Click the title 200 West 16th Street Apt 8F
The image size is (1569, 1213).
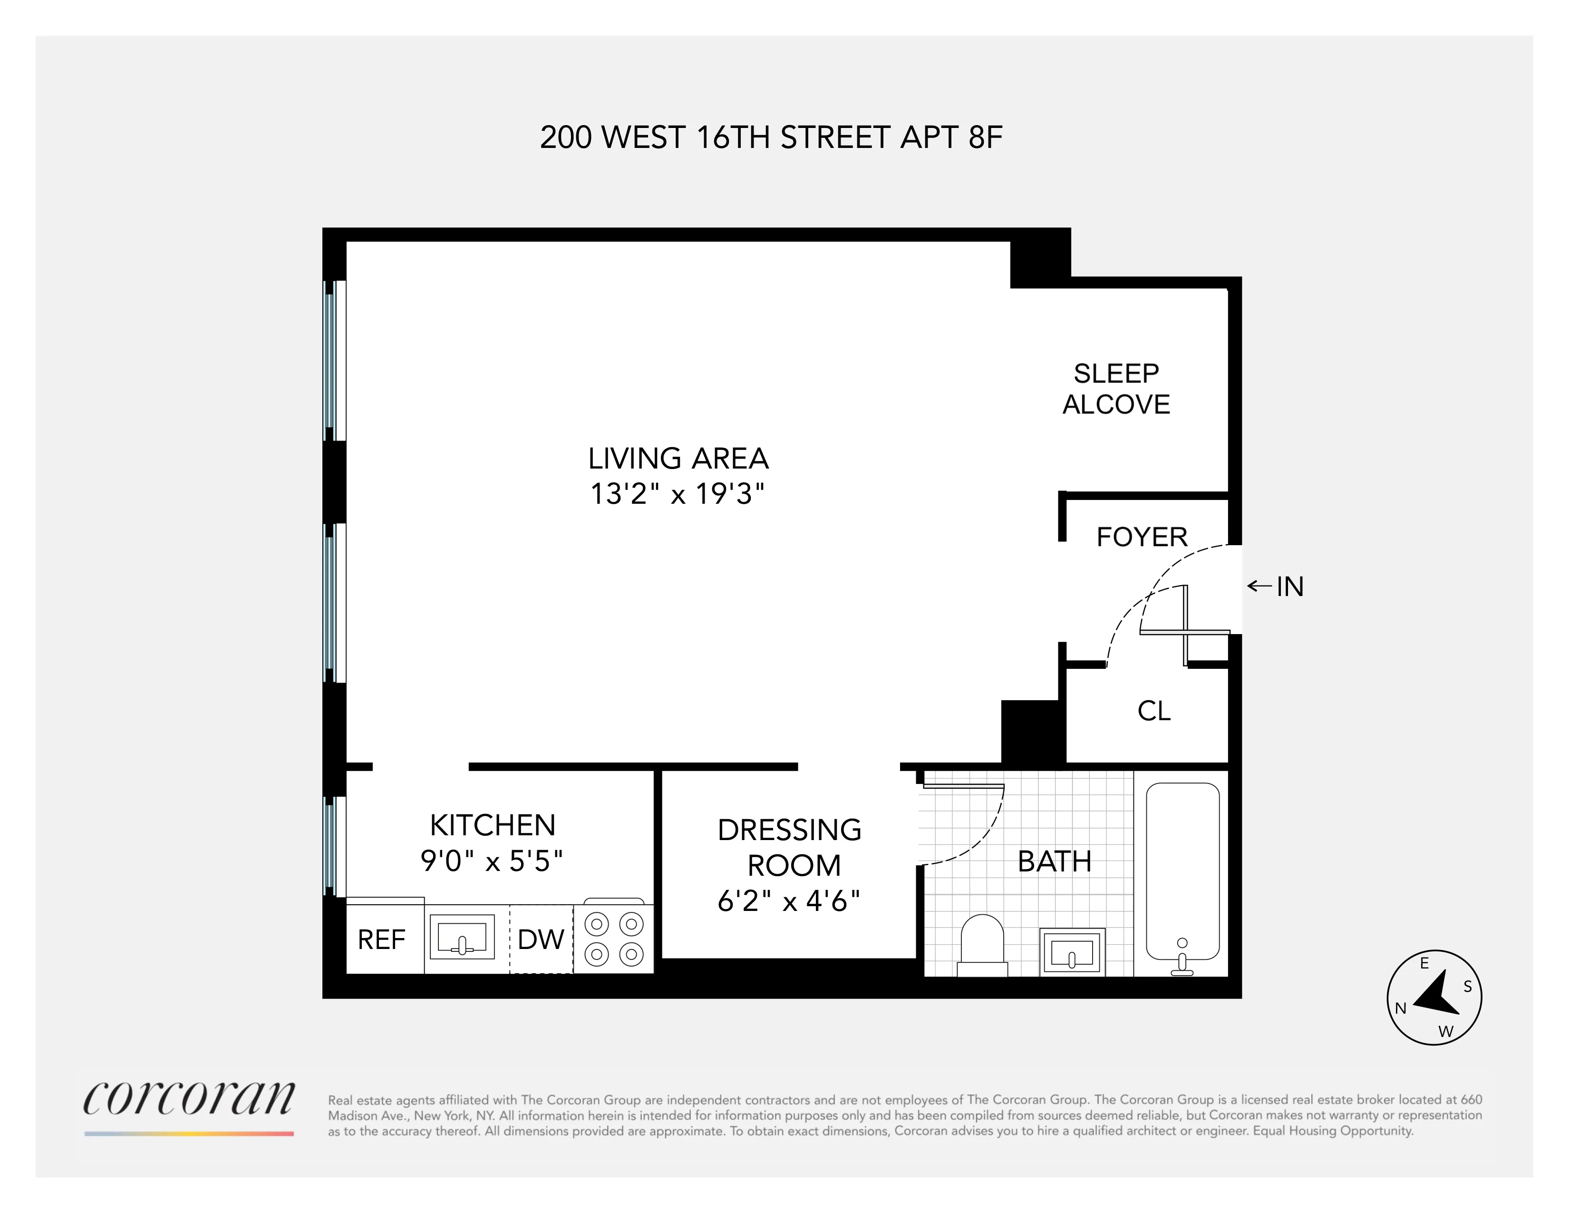tap(771, 137)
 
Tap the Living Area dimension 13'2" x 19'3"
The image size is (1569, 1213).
tap(677, 494)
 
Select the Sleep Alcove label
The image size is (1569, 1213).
tap(1116, 389)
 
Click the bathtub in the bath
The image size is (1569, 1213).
tap(1182, 871)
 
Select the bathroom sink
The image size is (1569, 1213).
tap(1071, 953)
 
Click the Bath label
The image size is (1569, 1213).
tap(1054, 861)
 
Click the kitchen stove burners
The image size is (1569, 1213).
tap(613, 939)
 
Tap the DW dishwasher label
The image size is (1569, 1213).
tap(540, 939)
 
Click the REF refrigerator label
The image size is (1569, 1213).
tap(381, 939)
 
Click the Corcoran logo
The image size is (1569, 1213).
tap(189, 1099)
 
